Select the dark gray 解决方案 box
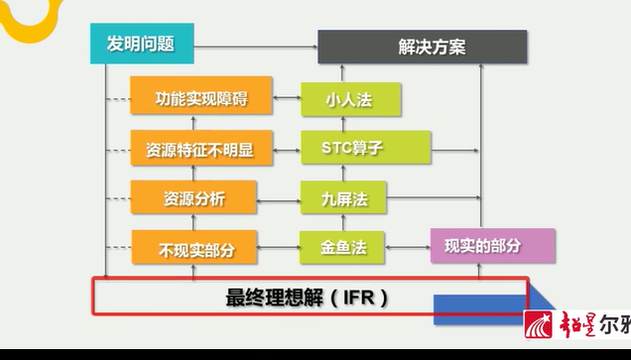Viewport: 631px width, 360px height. (x=423, y=46)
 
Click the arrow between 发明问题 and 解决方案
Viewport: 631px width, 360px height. (x=254, y=45)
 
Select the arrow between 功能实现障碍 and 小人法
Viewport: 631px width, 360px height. (x=287, y=98)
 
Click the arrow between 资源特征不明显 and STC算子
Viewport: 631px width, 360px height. (x=287, y=150)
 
